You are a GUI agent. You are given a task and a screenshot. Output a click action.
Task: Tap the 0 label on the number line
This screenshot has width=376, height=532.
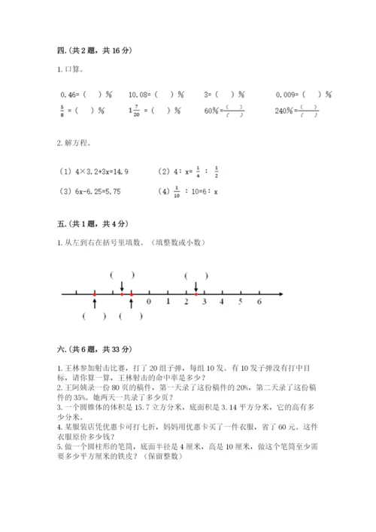148,302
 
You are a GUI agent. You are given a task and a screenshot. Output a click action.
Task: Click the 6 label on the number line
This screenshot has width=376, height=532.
259,302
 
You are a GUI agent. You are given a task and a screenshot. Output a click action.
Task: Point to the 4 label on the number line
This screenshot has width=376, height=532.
222,302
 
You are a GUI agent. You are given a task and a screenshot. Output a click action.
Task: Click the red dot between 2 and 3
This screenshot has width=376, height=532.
196,293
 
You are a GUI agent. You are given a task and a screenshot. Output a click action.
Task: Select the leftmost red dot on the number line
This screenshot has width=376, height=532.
95,293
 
